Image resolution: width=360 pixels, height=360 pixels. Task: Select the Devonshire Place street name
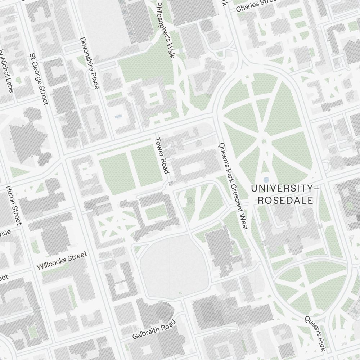point(89,63)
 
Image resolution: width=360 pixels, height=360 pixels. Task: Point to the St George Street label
point(39,80)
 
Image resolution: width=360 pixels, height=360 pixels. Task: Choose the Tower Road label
point(162,155)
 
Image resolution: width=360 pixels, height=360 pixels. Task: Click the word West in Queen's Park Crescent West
point(244,223)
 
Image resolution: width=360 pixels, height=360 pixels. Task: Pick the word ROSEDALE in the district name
point(285,201)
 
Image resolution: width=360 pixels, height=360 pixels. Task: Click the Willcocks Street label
point(62,261)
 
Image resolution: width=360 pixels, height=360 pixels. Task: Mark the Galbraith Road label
point(153,330)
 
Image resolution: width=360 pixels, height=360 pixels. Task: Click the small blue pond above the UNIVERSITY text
point(266,179)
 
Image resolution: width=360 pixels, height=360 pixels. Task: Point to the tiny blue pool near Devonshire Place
point(118,117)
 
